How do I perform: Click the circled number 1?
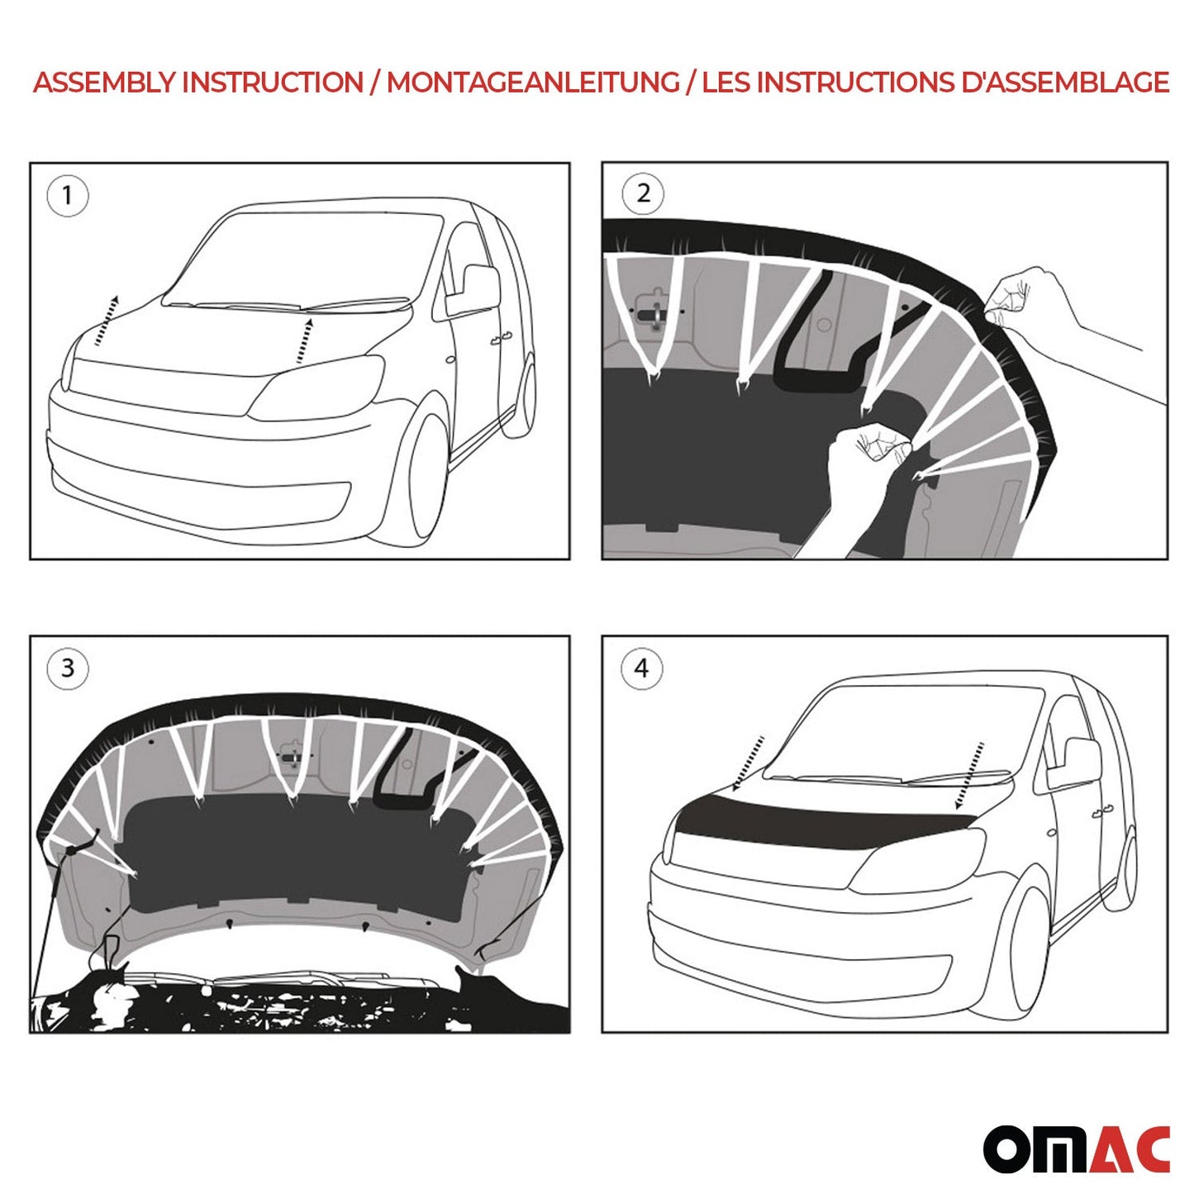67,196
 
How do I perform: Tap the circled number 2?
643,194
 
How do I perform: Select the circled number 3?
67,668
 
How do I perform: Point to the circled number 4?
642,668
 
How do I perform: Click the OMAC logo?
1076,1149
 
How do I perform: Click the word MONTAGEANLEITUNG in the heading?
533,83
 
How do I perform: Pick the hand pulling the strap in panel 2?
863,463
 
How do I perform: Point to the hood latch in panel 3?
292,758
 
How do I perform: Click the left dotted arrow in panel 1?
106,321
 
